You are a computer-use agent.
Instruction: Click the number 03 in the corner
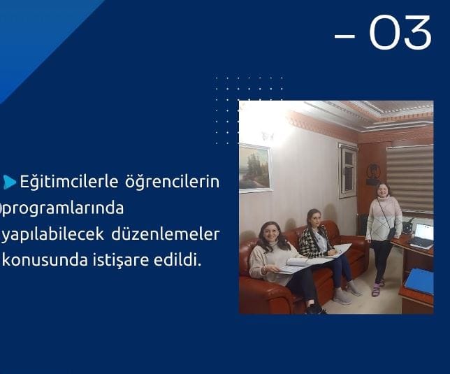pyautogui.click(x=400, y=32)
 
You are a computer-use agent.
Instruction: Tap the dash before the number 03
pyautogui.click(x=344, y=36)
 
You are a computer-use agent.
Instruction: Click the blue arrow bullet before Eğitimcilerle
pyautogui.click(x=10, y=182)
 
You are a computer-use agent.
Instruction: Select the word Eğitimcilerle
pyautogui.click(x=69, y=182)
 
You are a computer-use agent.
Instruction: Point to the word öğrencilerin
pyautogui.click(x=172, y=182)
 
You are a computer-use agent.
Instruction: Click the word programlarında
pyautogui.click(x=63, y=208)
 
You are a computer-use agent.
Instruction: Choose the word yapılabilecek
pyautogui.click(x=53, y=235)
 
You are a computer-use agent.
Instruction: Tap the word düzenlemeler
pyautogui.click(x=166, y=234)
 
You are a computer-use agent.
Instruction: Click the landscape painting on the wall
pyautogui.click(x=255, y=167)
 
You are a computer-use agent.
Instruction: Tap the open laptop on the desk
pyautogui.click(x=422, y=236)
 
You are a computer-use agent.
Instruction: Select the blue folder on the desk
pyautogui.click(x=419, y=282)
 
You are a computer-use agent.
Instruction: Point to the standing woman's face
pyautogui.click(x=382, y=191)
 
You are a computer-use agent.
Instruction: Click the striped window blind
pyautogui.click(x=410, y=178)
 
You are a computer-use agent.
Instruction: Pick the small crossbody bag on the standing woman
pyautogui.click(x=391, y=233)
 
